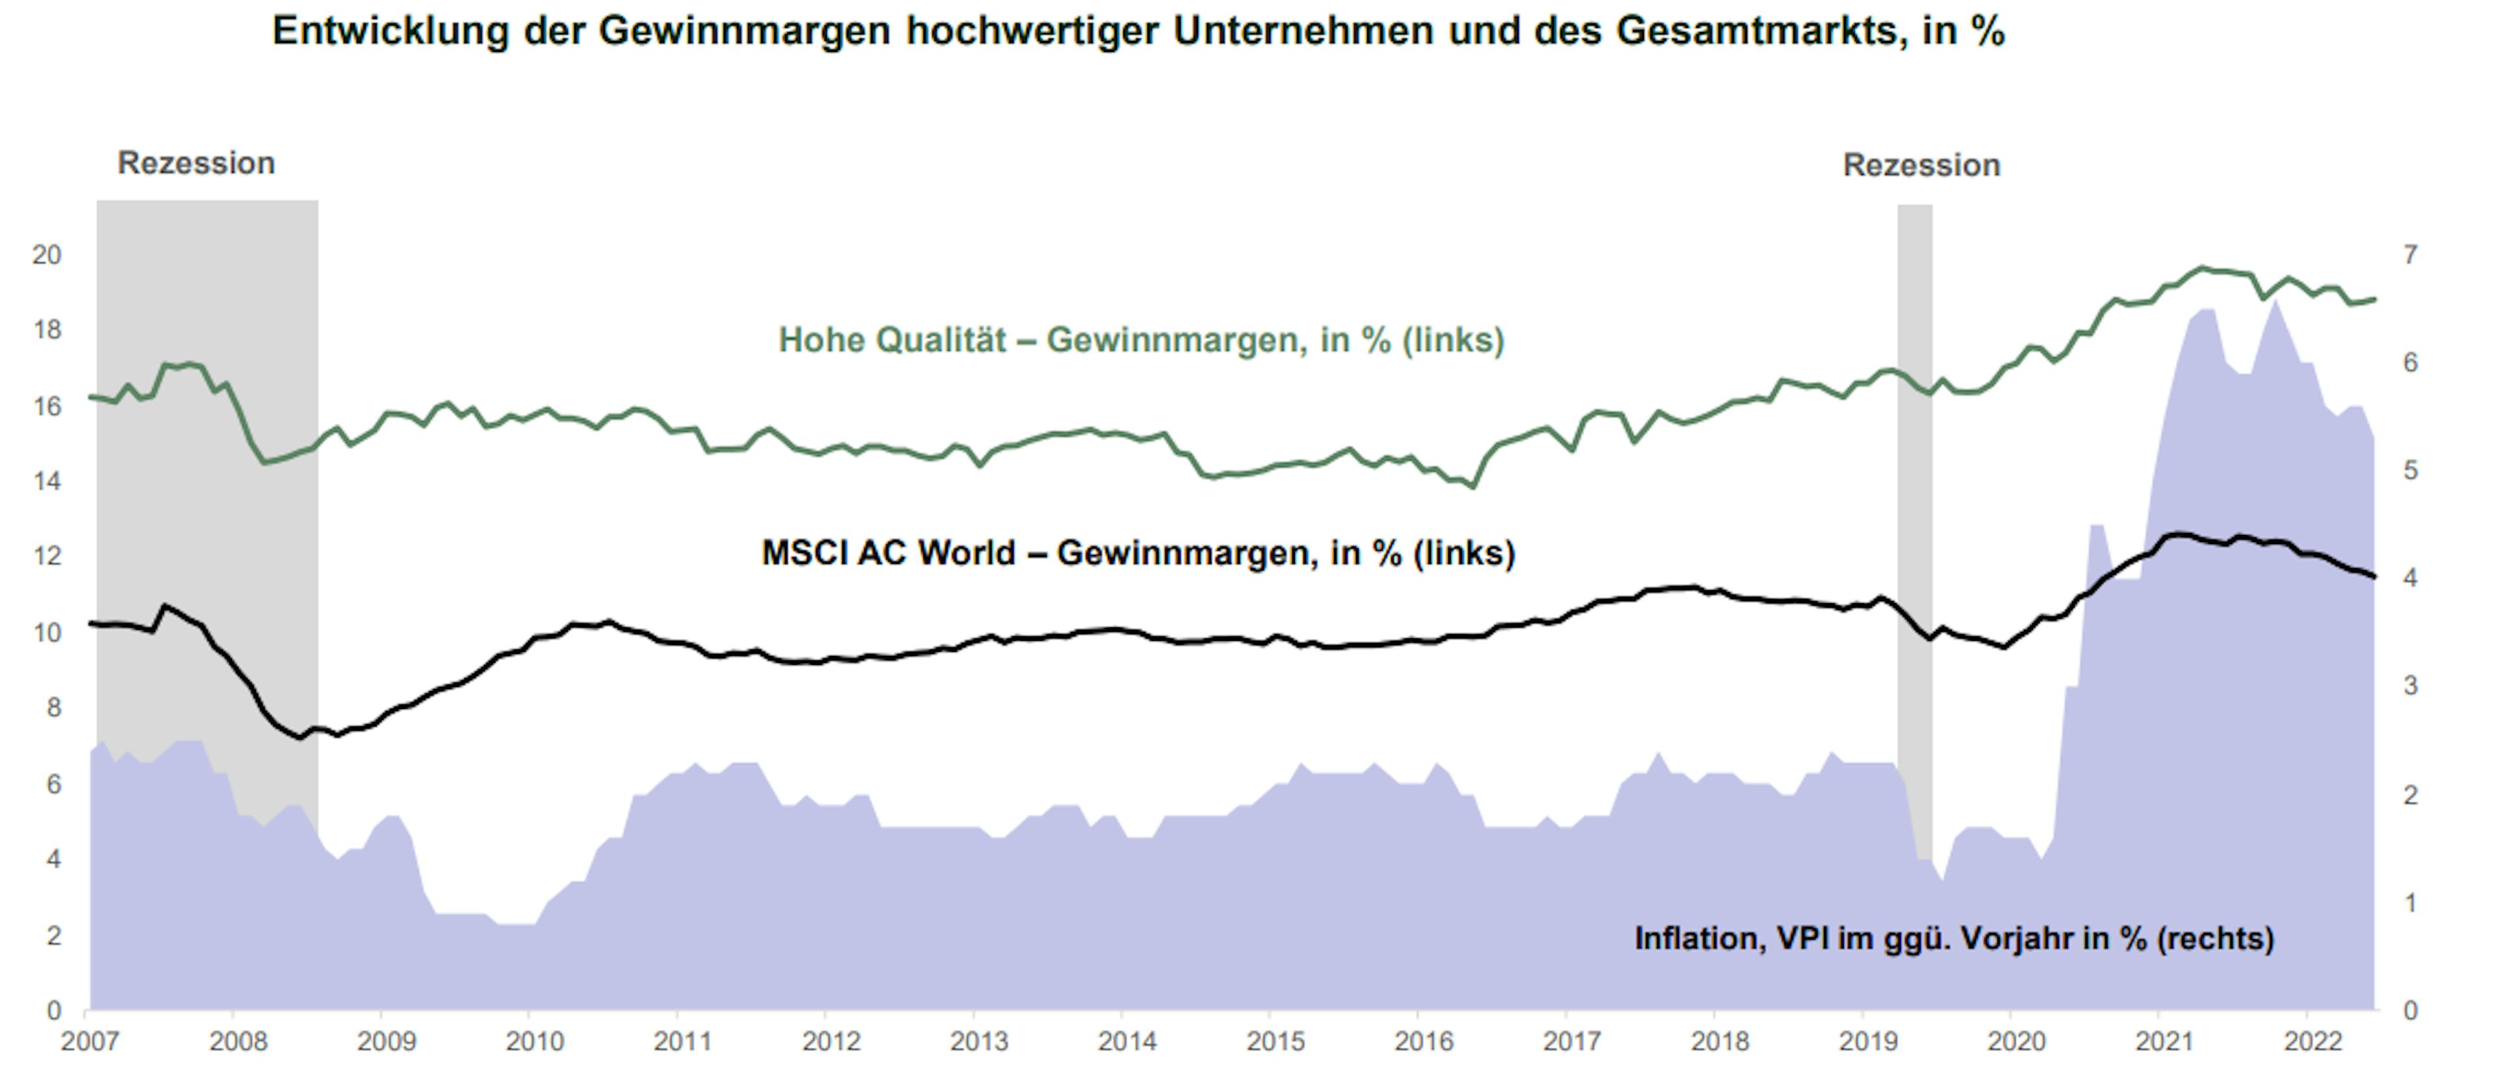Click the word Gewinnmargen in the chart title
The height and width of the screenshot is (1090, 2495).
click(x=744, y=31)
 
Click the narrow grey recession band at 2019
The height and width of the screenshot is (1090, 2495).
click(x=1914, y=484)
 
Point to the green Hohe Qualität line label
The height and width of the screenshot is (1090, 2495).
click(x=1141, y=340)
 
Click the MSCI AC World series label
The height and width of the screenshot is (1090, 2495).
click(x=1138, y=553)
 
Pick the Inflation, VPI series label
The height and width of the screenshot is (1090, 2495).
click(x=1954, y=938)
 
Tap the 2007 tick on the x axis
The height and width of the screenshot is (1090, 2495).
click(x=89, y=1041)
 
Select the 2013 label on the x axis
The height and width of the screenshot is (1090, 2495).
click(x=979, y=1041)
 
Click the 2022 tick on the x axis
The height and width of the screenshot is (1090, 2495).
click(x=2313, y=1041)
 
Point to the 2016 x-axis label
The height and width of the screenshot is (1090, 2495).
click(x=1424, y=1041)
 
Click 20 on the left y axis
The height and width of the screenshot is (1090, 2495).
click(x=47, y=255)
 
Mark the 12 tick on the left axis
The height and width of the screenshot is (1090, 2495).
click(x=47, y=556)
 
